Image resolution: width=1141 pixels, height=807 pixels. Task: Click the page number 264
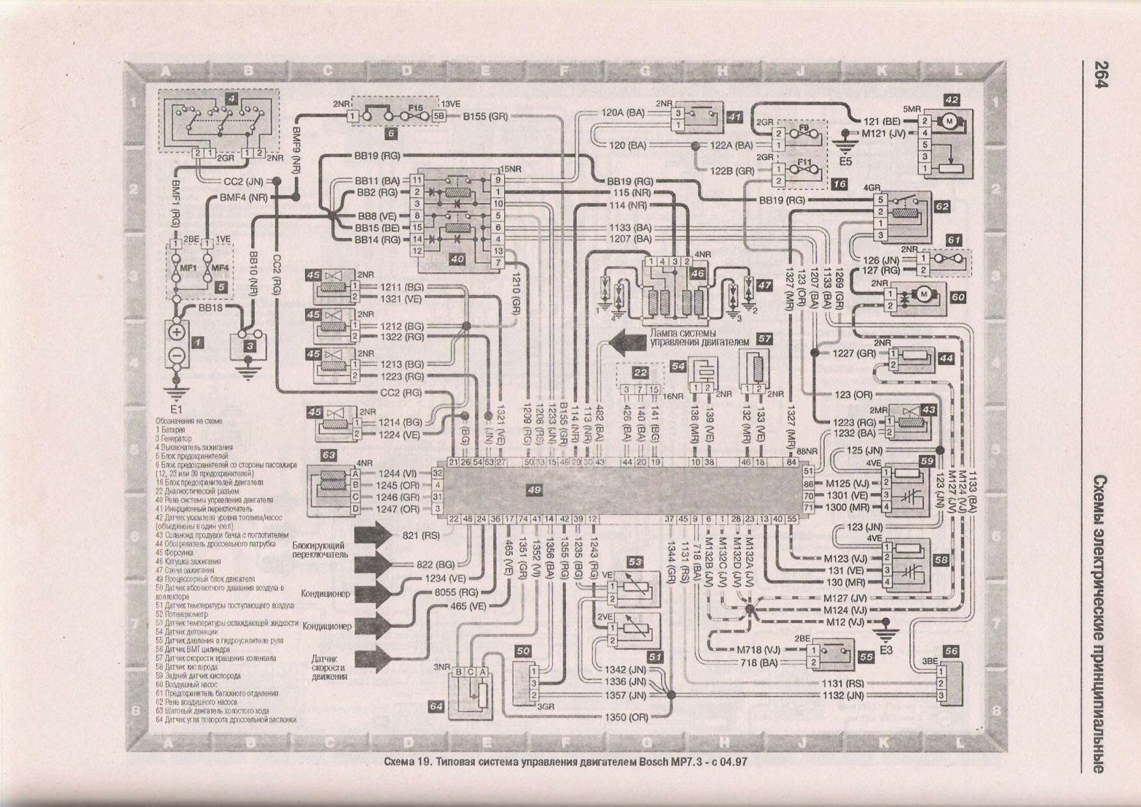1101,74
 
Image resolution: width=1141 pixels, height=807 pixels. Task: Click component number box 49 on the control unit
534,489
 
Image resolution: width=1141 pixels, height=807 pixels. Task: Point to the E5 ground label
845,160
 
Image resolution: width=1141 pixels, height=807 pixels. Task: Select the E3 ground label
885,650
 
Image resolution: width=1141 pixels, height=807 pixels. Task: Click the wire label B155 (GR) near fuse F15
485,116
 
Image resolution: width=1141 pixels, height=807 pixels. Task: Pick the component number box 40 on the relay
457,258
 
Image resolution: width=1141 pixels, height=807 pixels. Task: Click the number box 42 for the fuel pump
952,100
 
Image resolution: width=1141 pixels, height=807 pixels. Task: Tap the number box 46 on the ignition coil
698,274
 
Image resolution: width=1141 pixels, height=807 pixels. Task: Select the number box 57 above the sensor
765,339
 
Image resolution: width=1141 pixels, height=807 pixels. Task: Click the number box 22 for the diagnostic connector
641,372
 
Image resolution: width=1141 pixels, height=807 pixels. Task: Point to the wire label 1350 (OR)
626,717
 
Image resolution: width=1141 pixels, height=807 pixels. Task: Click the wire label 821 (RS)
422,536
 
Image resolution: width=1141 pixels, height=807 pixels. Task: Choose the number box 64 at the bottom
436,706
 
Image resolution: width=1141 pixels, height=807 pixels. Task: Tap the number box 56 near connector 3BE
951,651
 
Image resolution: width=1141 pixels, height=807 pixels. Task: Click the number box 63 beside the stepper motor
329,455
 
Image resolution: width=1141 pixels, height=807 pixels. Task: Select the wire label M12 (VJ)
846,622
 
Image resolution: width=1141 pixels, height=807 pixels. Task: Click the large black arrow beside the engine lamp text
626,341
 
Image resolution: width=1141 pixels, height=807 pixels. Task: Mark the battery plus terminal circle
177,331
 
